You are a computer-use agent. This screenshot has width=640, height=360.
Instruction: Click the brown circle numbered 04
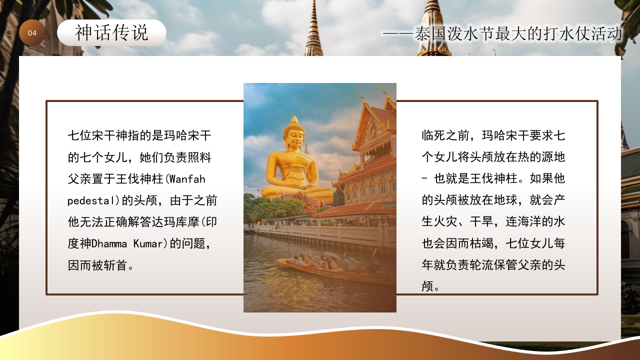(x=32, y=33)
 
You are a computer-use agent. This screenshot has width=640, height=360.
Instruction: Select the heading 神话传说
(x=111, y=33)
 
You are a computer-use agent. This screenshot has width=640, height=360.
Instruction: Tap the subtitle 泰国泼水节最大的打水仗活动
(x=518, y=34)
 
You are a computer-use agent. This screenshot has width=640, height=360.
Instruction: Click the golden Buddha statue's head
(x=293, y=131)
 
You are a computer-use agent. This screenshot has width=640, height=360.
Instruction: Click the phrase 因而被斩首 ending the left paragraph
(x=97, y=265)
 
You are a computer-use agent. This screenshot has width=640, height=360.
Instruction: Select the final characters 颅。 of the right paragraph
(x=430, y=287)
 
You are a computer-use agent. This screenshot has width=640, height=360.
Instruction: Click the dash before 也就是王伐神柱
(x=425, y=179)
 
